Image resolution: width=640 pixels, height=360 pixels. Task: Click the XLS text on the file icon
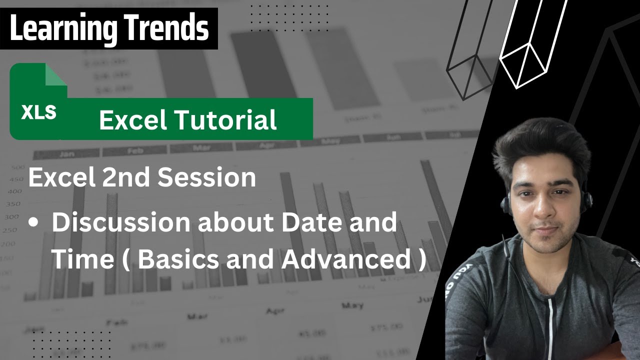[38, 112]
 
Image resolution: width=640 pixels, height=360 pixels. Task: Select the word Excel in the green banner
[132, 120]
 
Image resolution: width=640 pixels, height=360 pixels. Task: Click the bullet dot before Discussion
[33, 224]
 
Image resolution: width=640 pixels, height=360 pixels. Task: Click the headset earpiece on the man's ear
[505, 202]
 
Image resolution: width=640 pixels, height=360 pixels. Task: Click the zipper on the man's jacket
[550, 320]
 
